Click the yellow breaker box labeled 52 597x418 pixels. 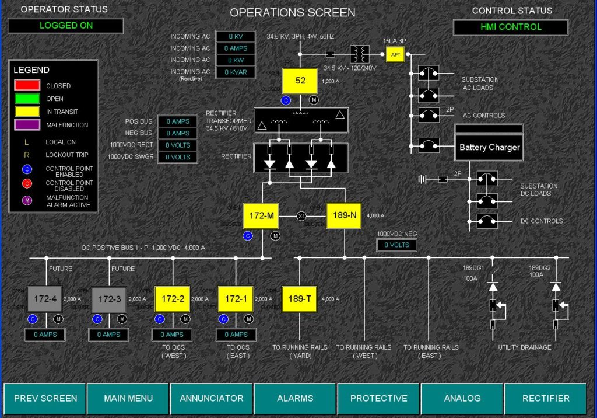point(300,81)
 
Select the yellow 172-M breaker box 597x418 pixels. point(262,216)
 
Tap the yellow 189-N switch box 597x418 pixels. point(345,215)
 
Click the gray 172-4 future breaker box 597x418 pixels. point(45,299)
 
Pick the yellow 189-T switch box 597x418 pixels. point(300,299)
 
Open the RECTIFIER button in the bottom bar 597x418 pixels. point(546,398)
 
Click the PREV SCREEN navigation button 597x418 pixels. point(45,398)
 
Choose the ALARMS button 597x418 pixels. point(295,398)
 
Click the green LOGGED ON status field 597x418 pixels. point(65,26)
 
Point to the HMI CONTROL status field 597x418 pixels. point(511,27)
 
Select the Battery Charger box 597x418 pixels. point(489,147)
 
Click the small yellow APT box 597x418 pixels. point(395,55)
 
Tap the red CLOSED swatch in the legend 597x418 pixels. point(27,86)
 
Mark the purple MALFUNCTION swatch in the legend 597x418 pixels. point(27,124)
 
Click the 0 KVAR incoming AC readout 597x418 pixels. point(238,72)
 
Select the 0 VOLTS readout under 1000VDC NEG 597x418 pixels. point(397,245)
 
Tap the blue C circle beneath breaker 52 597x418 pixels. point(286,100)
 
